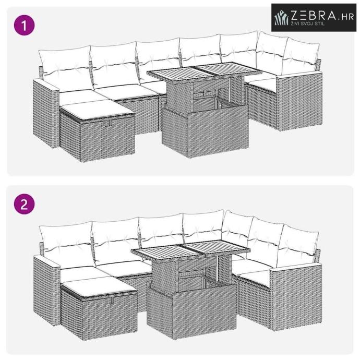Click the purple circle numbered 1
click(25, 25)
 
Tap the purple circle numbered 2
click(25, 204)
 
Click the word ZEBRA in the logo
click(314, 16)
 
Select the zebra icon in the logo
click(281, 18)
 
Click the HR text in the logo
click(347, 17)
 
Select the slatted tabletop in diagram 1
click(205, 71)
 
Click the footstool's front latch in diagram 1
click(110, 122)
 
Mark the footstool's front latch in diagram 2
click(113, 299)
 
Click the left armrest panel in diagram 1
click(46, 113)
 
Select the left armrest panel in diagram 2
click(47, 291)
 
